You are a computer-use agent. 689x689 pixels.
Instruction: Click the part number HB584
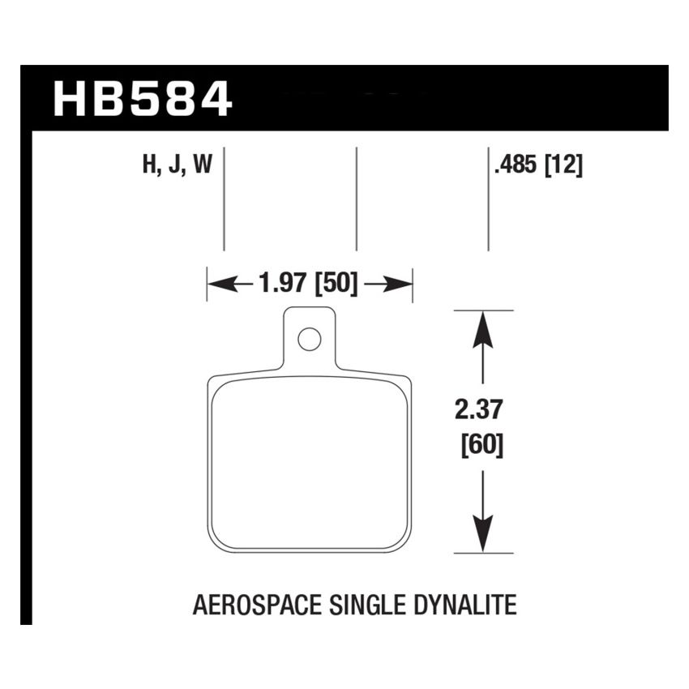point(143,97)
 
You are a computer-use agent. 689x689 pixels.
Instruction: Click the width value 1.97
point(284,285)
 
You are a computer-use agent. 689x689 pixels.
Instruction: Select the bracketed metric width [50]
point(336,285)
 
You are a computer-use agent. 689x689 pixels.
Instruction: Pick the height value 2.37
point(484,413)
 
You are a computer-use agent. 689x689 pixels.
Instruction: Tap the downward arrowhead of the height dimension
point(483,536)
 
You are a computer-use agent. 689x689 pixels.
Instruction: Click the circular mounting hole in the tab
point(308,340)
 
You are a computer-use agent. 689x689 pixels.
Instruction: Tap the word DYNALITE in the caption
point(468,605)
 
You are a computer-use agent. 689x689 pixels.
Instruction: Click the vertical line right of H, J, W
point(224,199)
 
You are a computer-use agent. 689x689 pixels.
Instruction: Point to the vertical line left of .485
point(488,199)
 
